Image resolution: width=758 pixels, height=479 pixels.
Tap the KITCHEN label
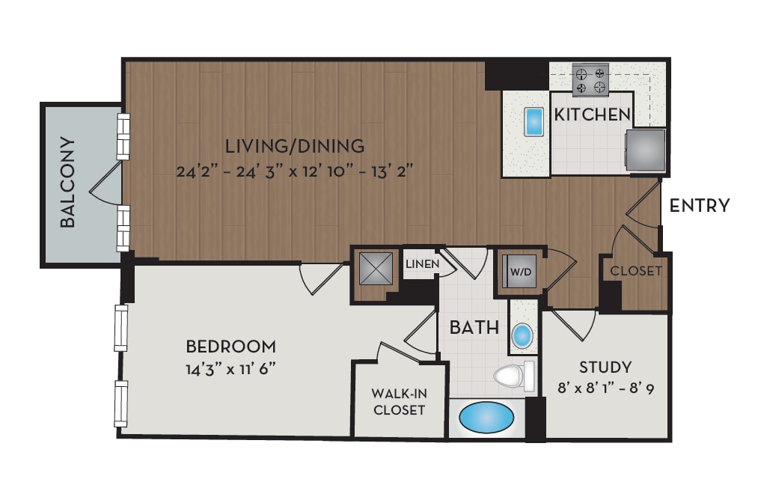[591, 115]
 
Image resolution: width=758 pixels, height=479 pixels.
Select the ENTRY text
[699, 206]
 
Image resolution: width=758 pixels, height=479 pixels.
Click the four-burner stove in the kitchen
[590, 80]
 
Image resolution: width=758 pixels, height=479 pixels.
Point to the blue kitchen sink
[534, 122]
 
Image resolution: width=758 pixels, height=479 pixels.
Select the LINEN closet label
[421, 264]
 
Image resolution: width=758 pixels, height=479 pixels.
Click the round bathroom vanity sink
[522, 336]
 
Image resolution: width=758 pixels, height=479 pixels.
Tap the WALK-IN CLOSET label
[400, 402]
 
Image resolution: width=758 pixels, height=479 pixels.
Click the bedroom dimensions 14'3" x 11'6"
[231, 369]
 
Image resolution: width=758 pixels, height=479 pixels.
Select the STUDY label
[605, 367]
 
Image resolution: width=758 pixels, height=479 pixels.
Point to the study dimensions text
[605, 389]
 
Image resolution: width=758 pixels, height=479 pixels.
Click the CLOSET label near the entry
[635, 271]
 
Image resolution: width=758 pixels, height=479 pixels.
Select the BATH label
[474, 327]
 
